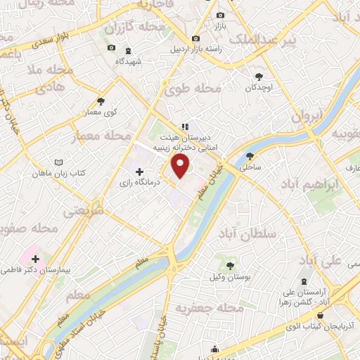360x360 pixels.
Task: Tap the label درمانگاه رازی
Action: tap(157, 181)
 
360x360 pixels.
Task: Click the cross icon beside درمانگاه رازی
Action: tap(139, 172)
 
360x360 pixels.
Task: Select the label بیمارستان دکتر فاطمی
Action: tap(36, 269)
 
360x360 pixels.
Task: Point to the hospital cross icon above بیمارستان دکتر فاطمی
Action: tap(35, 259)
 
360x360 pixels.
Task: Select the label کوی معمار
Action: tap(101, 112)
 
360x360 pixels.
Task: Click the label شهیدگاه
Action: tap(129, 61)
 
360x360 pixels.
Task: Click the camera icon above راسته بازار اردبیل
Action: tap(195, 38)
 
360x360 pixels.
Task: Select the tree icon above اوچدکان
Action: tap(259, 77)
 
